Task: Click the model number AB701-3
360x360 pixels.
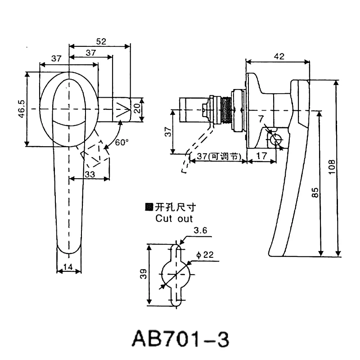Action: [180, 339]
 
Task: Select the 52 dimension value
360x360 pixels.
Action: [101, 41]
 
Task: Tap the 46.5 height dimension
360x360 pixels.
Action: [22, 109]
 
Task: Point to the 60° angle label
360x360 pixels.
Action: [121, 142]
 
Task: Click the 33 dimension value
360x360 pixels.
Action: [90, 174]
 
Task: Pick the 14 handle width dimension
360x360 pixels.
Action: [68, 267]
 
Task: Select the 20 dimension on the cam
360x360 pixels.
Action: [137, 108]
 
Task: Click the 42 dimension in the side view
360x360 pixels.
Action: [279, 56]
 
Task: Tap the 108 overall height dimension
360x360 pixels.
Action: [332, 167]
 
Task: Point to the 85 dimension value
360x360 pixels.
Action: [315, 193]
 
